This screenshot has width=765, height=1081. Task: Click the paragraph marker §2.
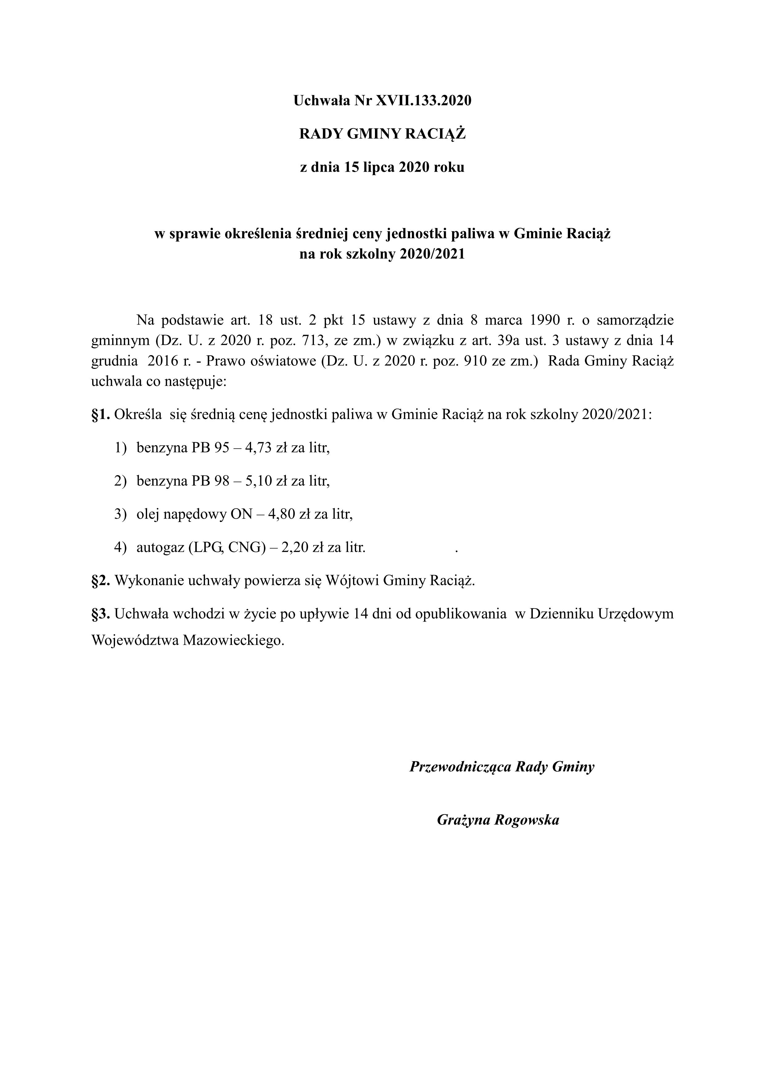[x=100, y=581]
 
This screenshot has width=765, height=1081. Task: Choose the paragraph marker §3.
[x=100, y=614]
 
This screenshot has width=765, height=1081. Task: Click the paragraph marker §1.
[x=100, y=414]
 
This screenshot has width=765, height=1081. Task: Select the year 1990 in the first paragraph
[x=545, y=320]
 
